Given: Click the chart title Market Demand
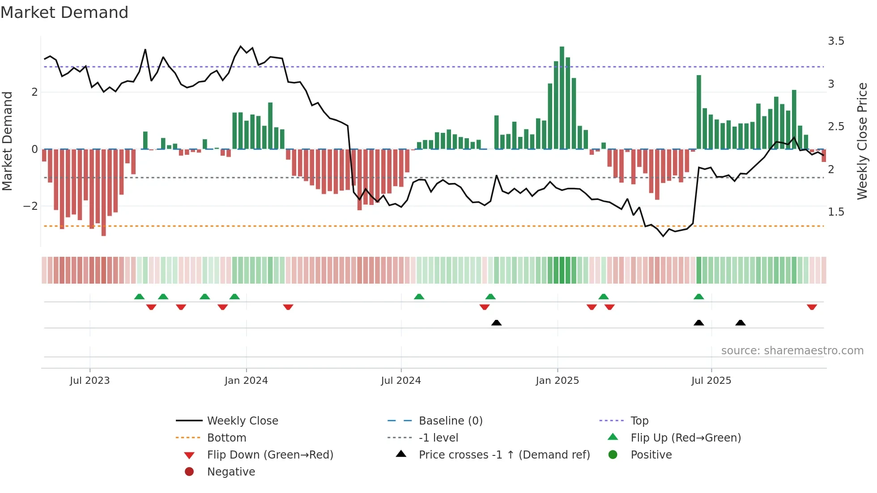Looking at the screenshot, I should tap(64, 13).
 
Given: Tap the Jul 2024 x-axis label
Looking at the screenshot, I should tap(400, 381).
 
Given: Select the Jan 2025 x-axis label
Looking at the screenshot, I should tap(557, 381).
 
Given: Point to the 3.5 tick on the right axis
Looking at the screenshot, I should tap(835, 41).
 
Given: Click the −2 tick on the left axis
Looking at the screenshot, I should tap(30, 206).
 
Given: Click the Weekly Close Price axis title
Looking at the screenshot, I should tap(862, 141).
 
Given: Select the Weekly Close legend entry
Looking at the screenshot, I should tap(242, 421).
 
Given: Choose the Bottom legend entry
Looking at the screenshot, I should tap(226, 438).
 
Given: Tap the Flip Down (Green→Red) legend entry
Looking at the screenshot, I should tap(270, 455).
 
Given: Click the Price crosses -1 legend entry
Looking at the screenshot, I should tap(504, 455).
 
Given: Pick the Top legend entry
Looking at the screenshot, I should tap(639, 421).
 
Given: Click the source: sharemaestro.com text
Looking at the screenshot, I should tap(792, 351).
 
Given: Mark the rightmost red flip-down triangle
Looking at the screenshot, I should tap(812, 307).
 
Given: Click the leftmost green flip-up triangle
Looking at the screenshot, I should tap(139, 297).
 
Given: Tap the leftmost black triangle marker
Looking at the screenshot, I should tap(496, 323).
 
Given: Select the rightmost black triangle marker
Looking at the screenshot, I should tap(740, 323).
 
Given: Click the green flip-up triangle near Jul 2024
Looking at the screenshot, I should tap(419, 297).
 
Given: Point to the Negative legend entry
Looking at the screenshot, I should tap(230, 472).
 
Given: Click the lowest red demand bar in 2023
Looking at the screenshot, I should tap(104, 192).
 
